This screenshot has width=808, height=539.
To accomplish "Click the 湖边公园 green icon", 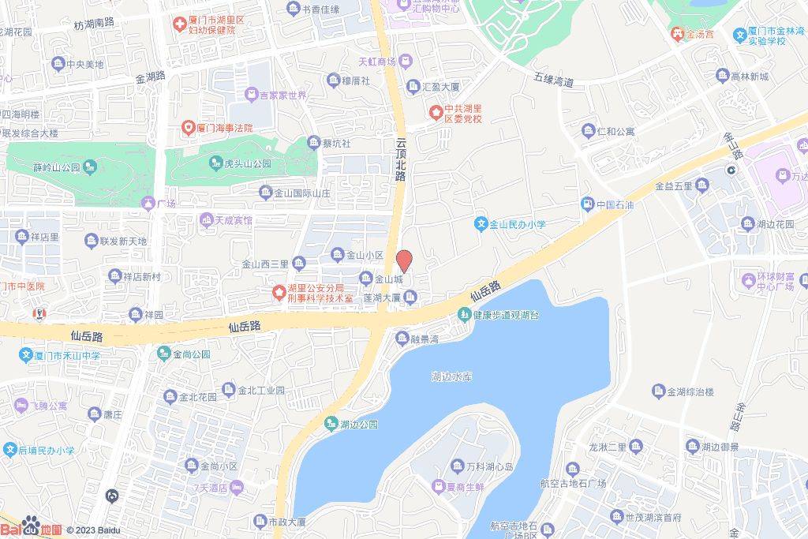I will point(331,425).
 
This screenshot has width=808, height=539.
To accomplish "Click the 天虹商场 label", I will point(377,61).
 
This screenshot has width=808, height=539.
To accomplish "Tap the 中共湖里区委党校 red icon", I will point(435,112).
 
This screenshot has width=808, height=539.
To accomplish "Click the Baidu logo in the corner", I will point(32,529).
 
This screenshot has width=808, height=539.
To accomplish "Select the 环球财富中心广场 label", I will point(777,279).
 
